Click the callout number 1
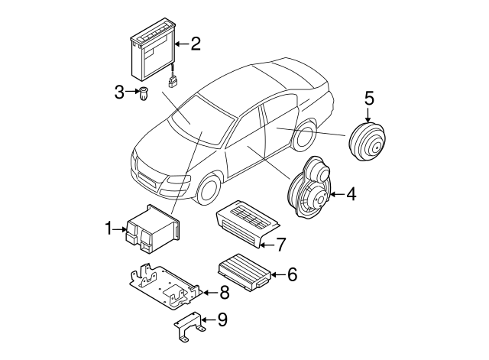pos(109,228)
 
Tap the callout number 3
pos(119,93)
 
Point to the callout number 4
pos(351,195)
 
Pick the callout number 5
pos(368,99)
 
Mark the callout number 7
pos(280,245)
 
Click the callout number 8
pos(224,291)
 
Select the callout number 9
pos(222,319)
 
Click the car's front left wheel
pos(209,188)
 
